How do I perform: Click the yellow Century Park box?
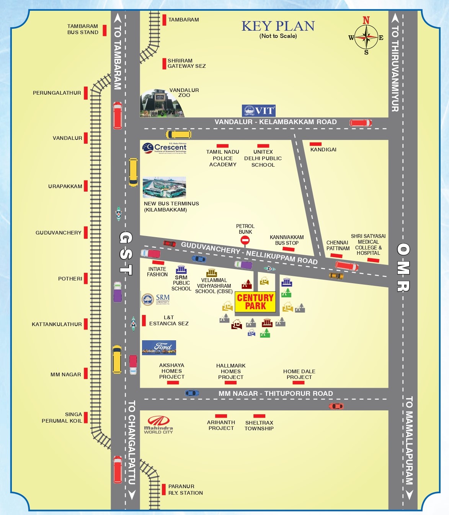pos(255,302)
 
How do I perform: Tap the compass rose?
pos(366,37)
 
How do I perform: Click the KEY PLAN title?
pos(278,26)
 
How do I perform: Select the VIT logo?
pos(259,111)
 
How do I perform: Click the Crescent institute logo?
pos(165,148)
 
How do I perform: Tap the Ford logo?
pos(159,348)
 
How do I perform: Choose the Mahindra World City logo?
pos(158,425)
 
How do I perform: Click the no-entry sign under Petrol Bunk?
pos(245,240)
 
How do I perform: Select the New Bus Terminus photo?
pos(164,187)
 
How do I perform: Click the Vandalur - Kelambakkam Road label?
pos(276,122)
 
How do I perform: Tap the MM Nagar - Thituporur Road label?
pos(276,394)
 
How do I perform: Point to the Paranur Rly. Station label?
pos(186,490)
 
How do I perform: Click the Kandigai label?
pos(323,149)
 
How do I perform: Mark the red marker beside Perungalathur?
pos(86,93)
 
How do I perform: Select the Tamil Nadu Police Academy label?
pos(223,158)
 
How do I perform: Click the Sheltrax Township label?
pos(259,425)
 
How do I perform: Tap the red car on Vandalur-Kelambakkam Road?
pos(361,123)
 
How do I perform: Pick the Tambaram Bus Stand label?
pos(83,29)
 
